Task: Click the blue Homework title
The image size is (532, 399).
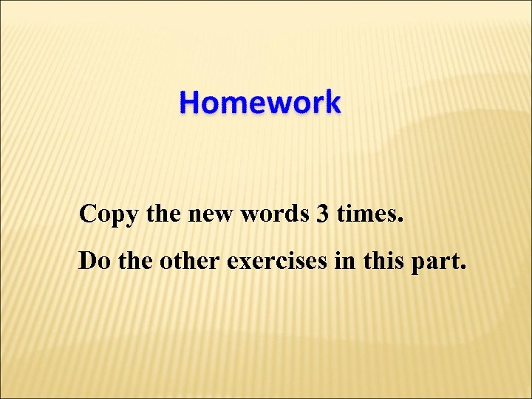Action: point(260,102)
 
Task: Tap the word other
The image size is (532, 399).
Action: point(188,261)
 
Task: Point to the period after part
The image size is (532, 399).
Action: point(463,267)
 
